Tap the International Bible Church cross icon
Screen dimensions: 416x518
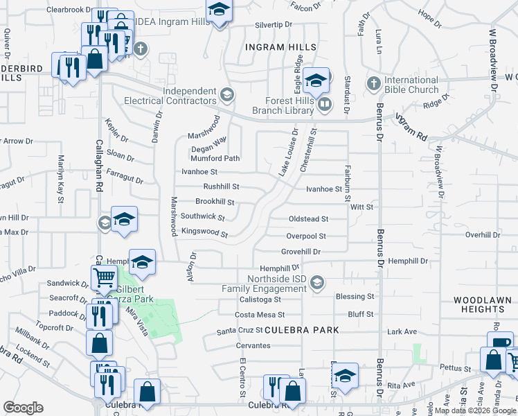(x=373, y=83)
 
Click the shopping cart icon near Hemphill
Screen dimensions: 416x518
(x=104, y=277)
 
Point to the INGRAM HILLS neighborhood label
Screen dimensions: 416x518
(x=280, y=47)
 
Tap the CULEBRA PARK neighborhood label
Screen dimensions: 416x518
(x=302, y=330)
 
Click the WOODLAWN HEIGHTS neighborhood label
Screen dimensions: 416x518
(x=482, y=306)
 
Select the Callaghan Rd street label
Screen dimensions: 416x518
(x=99, y=173)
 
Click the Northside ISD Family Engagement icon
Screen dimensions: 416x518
(x=317, y=281)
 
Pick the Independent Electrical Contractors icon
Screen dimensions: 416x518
(x=226, y=94)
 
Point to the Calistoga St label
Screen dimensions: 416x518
(x=256, y=300)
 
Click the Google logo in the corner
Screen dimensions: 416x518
(x=23, y=408)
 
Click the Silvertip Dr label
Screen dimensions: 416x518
(x=278, y=24)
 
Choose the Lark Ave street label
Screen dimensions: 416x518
(x=402, y=332)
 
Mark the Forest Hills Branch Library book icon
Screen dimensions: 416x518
(x=324, y=105)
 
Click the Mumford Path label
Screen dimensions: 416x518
(x=215, y=158)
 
